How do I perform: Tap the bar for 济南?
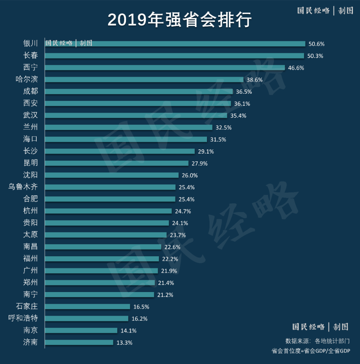79,342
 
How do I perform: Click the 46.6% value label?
296,68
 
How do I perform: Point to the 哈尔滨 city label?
26,79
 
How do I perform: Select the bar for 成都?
139,91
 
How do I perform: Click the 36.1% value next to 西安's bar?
242,104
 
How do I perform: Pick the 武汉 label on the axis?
30,115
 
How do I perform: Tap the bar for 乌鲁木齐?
110,187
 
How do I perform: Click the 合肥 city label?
30,199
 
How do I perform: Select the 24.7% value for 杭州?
183,211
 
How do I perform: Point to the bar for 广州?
101,271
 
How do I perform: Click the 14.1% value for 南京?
129,331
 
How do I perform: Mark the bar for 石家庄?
87,306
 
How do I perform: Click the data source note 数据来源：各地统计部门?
317,341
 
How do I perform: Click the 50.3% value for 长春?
315,56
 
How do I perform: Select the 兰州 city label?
30,127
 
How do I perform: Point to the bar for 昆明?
117,163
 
